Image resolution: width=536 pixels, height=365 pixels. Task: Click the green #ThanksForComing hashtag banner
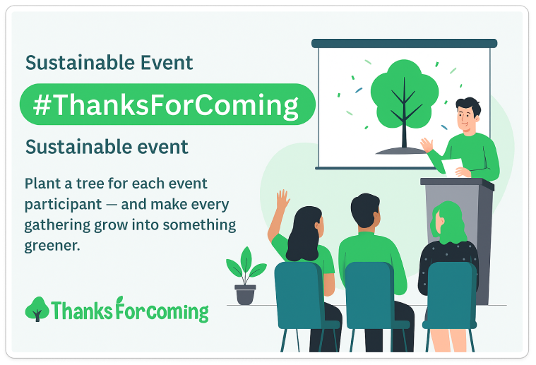pyautogui.click(x=167, y=104)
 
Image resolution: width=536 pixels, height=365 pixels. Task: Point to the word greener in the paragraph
pyautogui.click(x=52, y=246)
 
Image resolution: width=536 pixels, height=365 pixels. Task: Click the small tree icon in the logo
pyautogui.click(x=37, y=309)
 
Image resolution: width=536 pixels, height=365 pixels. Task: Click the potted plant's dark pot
pyautogui.click(x=245, y=294)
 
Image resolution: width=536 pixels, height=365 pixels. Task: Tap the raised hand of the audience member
pyautogui.click(x=282, y=200)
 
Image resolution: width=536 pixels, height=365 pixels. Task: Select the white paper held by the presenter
pyautogui.click(x=452, y=167)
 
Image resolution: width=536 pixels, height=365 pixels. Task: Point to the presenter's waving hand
pyautogui.click(x=427, y=145)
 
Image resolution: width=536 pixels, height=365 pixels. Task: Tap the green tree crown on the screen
pyautogui.click(x=405, y=94)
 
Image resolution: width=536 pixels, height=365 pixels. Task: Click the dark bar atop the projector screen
pyautogui.click(x=405, y=43)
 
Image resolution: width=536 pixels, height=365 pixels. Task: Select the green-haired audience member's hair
pyautogui.click(x=448, y=223)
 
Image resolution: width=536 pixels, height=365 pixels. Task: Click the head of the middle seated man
pyautogui.click(x=365, y=210)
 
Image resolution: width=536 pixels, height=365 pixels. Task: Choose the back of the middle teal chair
pyautogui.click(x=369, y=292)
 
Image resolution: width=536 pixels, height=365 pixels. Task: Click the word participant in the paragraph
pyautogui.click(x=64, y=205)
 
